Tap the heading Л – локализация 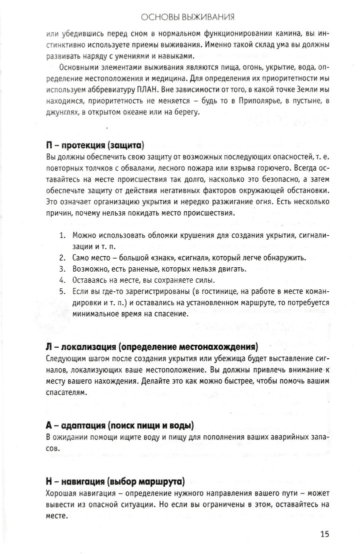151,346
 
